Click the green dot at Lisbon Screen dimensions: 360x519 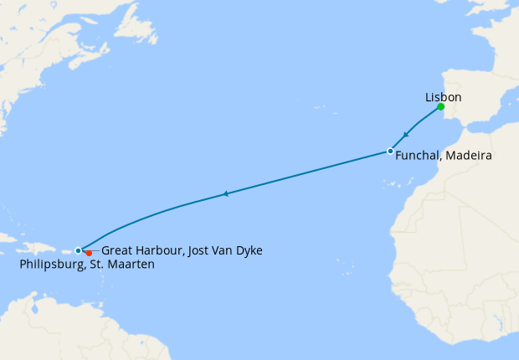[440, 107]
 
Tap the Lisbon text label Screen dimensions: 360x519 [443, 97]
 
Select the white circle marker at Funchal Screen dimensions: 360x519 [390, 152]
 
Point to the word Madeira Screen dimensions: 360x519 [468, 156]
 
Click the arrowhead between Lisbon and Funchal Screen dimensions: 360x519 [406, 135]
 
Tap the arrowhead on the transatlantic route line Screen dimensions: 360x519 [225, 194]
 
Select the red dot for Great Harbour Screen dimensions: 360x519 [89, 253]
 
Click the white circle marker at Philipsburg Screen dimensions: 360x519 [78, 250]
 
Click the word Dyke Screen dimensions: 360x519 [260, 249]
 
